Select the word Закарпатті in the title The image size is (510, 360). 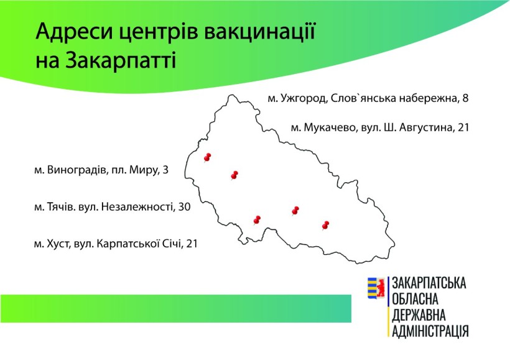pos(120,60)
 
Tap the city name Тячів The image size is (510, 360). pos(62,207)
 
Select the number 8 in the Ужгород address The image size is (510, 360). pos(465,98)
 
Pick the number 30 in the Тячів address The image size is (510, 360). pos(184,207)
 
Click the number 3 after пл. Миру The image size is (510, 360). pos(165,170)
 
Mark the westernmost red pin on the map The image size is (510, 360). pos(207,158)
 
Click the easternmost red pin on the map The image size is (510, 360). pos(325,225)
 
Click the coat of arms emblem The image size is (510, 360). pos(376,287)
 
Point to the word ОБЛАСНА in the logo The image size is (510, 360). pos(415,299)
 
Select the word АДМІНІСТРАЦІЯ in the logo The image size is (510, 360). pos(430,331)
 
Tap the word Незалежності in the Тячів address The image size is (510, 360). pos(137,207)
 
